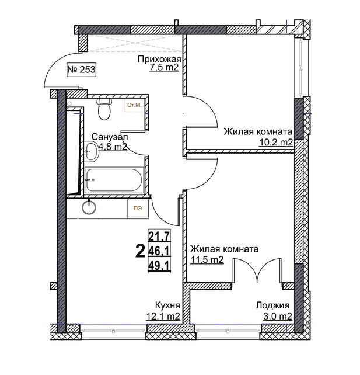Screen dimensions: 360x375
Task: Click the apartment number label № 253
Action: tap(82, 70)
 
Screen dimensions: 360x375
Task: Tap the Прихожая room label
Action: tap(159, 59)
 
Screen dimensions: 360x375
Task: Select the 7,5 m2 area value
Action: tap(164, 67)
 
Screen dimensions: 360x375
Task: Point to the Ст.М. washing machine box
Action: tap(134, 105)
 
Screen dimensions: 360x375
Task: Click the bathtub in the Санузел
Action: tap(114, 180)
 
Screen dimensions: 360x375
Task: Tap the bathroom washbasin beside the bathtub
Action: tap(91, 151)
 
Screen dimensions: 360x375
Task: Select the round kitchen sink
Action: tap(89, 207)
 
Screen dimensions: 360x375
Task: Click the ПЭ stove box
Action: tap(138, 209)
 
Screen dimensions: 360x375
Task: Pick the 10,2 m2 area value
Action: tap(276, 143)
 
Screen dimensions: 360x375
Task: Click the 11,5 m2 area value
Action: tap(207, 259)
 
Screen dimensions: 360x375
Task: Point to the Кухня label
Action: tap(167, 305)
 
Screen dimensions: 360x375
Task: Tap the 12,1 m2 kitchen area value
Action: tap(163, 316)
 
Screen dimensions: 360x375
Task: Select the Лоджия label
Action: tap(272, 305)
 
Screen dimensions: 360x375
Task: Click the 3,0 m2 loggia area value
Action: tap(278, 317)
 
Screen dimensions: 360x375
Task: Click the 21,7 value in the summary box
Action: tap(159, 237)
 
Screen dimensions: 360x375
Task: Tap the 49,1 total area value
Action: tap(159, 265)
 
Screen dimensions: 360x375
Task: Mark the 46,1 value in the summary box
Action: tap(159, 251)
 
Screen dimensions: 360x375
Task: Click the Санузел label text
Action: tap(110, 137)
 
